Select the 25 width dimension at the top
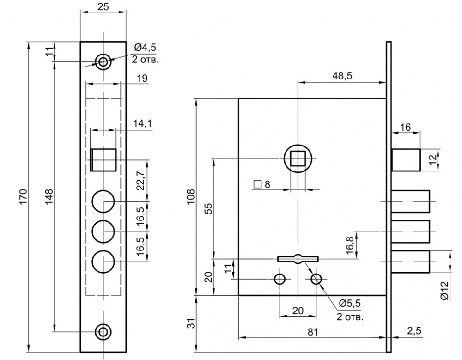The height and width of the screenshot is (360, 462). tap(103, 7)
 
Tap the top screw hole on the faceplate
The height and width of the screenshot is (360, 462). tap(103, 61)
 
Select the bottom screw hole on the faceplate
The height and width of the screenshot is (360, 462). tap(103, 331)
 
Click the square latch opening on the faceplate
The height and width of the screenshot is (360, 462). tap(103, 159)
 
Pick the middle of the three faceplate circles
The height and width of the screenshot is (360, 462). tap(103, 231)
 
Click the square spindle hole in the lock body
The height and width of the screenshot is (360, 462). tap(298, 159)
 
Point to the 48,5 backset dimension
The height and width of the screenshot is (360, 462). tap(342, 76)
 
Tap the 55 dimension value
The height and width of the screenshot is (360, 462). tap(208, 209)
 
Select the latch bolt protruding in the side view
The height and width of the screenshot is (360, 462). tap(406, 159)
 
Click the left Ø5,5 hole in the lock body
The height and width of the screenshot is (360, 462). tap(280, 279)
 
